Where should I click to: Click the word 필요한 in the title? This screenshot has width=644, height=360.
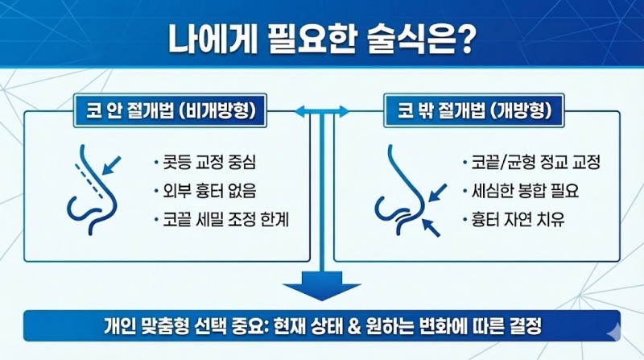312,39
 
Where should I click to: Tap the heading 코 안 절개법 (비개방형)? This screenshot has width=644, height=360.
171,111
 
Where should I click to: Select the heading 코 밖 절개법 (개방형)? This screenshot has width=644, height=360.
474,111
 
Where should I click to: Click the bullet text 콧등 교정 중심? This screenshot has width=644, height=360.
208,163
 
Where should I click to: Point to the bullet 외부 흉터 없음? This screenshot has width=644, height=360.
208,191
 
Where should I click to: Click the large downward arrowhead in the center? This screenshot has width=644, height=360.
322,286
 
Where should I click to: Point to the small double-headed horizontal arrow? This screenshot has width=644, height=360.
322,111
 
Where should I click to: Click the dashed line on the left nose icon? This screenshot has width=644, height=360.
89,182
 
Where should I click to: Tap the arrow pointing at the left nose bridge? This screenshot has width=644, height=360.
111,165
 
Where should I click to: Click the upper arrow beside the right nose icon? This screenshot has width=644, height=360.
437,192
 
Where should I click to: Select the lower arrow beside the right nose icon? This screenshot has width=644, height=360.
431,228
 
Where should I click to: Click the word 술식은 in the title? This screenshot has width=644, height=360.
407,39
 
